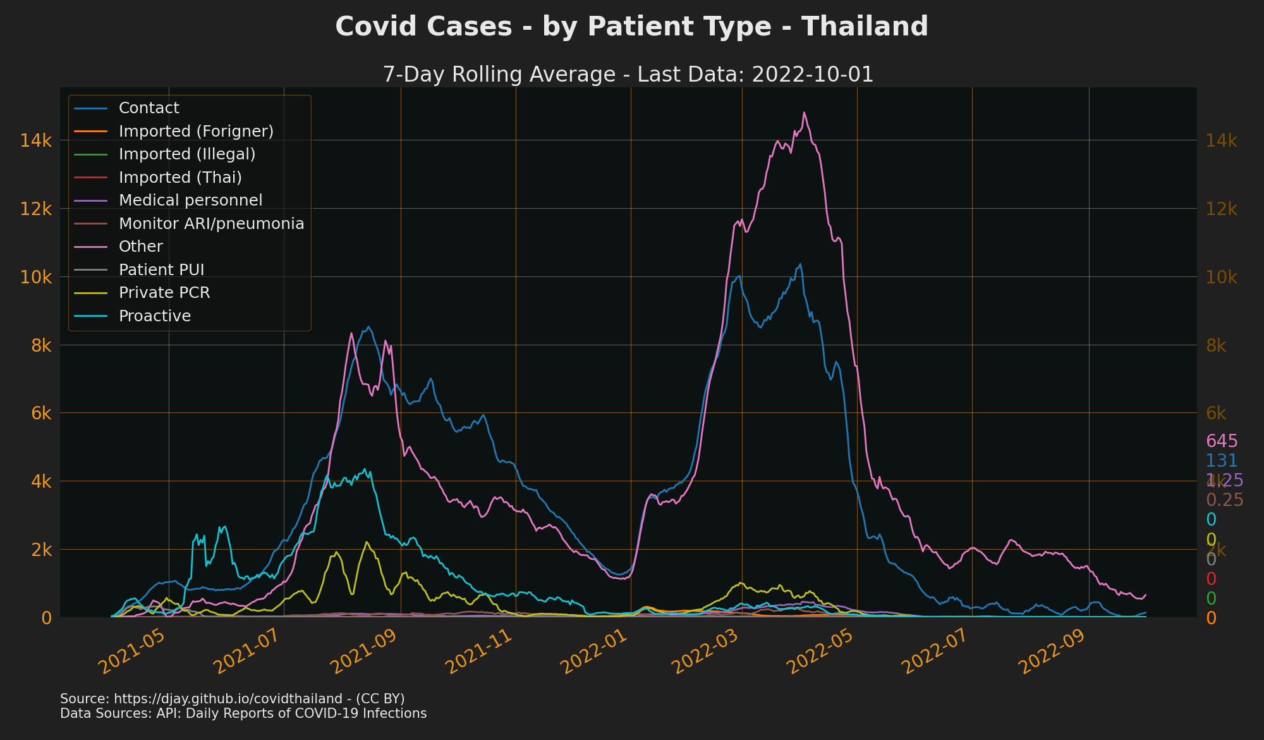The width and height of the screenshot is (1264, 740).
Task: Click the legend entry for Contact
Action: pyautogui.click(x=149, y=108)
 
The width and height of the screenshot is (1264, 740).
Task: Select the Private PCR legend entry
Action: pyautogui.click(x=164, y=293)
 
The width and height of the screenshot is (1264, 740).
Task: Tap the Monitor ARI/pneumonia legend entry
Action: pyautogui.click(x=211, y=224)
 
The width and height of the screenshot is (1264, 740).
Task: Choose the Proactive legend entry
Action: pyautogui.click(x=154, y=316)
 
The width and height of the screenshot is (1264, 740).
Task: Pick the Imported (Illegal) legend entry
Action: pyautogui.click(x=186, y=154)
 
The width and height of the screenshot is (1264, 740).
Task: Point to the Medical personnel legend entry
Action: pyautogui.click(x=190, y=200)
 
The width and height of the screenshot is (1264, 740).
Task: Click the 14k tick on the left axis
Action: pyautogui.click(x=36, y=141)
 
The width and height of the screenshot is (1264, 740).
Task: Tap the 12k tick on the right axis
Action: pyautogui.click(x=1222, y=209)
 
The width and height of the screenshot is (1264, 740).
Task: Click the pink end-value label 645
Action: pyautogui.click(x=1222, y=441)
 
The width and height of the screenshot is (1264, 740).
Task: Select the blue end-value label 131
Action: pyautogui.click(x=1222, y=461)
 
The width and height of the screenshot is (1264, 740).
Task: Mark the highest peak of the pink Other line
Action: pyautogui.click(x=804, y=113)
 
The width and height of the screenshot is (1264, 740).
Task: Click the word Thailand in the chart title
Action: pyautogui.click(x=865, y=27)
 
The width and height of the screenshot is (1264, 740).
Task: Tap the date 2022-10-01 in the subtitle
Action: pyautogui.click(x=812, y=75)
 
